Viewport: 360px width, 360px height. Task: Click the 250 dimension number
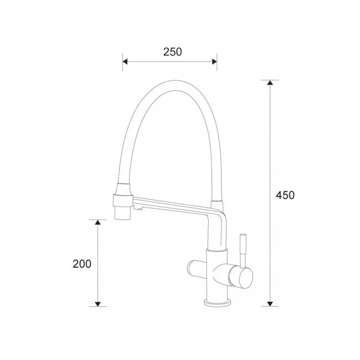(x=172, y=52)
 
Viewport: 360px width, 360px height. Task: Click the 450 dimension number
(x=285, y=195)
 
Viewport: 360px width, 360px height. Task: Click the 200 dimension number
(x=82, y=264)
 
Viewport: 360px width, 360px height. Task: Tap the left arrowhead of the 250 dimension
(x=125, y=61)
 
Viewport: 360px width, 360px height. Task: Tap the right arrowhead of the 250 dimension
(x=214, y=61)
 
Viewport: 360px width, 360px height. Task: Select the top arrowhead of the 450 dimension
(x=270, y=83)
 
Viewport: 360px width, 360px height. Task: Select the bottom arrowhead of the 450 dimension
(x=270, y=304)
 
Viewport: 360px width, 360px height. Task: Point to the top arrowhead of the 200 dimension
(x=98, y=222)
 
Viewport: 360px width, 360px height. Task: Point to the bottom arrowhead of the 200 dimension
(x=98, y=304)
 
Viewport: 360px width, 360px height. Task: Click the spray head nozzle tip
(x=122, y=213)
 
